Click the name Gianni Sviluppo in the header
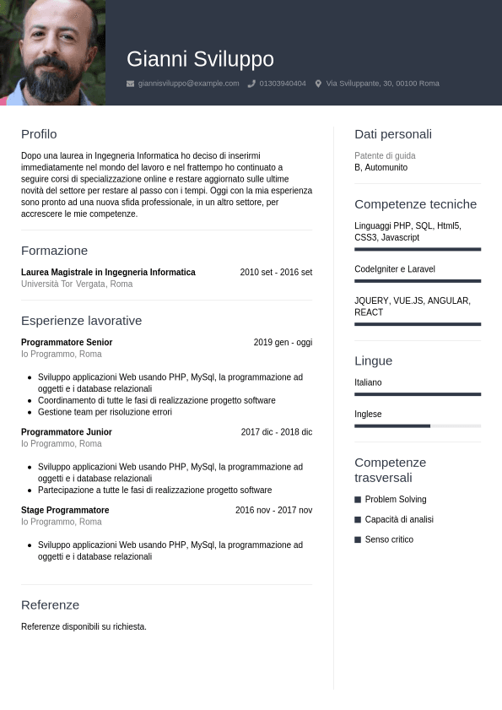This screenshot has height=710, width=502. click(200, 59)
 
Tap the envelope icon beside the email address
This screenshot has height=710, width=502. click(130, 84)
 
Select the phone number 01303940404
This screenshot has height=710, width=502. click(283, 84)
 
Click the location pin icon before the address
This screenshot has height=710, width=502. click(318, 84)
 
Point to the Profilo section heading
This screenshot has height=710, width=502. click(39, 134)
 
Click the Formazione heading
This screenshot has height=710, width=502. click(54, 251)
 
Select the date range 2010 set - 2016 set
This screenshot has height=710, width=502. click(276, 273)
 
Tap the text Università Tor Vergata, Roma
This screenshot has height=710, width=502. click(77, 285)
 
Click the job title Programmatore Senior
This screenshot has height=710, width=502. click(67, 343)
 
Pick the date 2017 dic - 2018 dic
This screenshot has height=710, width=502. click(276, 432)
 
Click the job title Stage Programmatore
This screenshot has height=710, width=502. click(65, 511)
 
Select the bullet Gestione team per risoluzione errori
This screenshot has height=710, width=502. click(105, 413)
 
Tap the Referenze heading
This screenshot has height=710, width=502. click(50, 605)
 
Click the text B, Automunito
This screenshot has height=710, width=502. click(381, 168)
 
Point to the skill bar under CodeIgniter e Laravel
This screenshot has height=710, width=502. click(418, 281)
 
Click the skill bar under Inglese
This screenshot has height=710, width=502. click(418, 425)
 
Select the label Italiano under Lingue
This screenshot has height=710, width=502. click(368, 383)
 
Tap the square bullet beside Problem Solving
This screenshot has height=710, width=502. click(358, 500)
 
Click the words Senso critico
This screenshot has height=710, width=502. click(389, 539)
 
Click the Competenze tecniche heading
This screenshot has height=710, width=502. click(415, 204)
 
